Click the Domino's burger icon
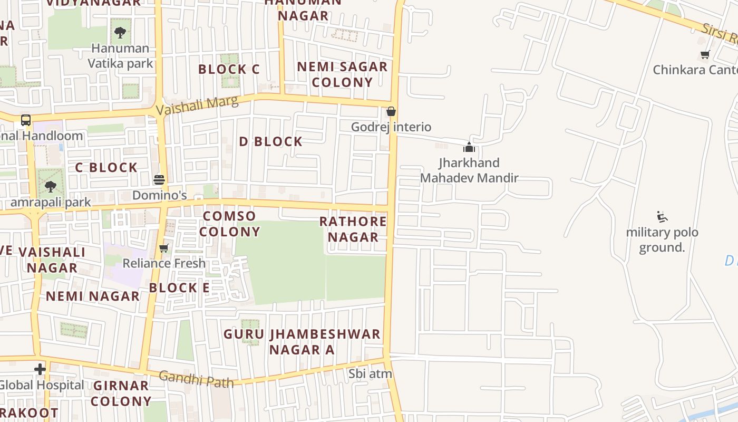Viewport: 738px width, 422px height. click(x=159, y=180)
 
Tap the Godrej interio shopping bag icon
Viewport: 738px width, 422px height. click(x=391, y=111)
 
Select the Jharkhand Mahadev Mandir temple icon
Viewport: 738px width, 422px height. click(x=469, y=147)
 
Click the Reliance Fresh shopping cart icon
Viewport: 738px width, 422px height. click(x=164, y=248)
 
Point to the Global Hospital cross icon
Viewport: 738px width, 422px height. click(x=40, y=369)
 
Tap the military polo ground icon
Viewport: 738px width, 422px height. click(x=662, y=217)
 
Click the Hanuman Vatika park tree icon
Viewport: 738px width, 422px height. click(x=120, y=33)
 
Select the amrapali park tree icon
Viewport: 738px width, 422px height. click(x=51, y=186)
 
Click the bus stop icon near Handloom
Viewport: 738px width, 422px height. click(x=26, y=120)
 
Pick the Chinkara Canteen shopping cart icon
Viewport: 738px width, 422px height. click(x=705, y=54)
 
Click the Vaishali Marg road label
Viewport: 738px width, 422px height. click(x=198, y=105)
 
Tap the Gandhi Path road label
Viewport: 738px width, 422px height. click(x=196, y=379)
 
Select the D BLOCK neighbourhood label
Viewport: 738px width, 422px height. click(x=271, y=141)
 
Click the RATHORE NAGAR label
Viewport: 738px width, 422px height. click(x=353, y=229)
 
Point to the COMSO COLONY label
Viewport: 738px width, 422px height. click(x=230, y=224)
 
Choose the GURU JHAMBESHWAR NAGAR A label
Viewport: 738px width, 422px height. click(x=302, y=342)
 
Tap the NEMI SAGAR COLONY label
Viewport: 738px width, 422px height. click(x=342, y=74)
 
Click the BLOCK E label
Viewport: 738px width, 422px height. click(x=179, y=287)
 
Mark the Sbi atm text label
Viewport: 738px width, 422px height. click(x=370, y=374)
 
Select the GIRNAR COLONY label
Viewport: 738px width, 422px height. click(x=121, y=394)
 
